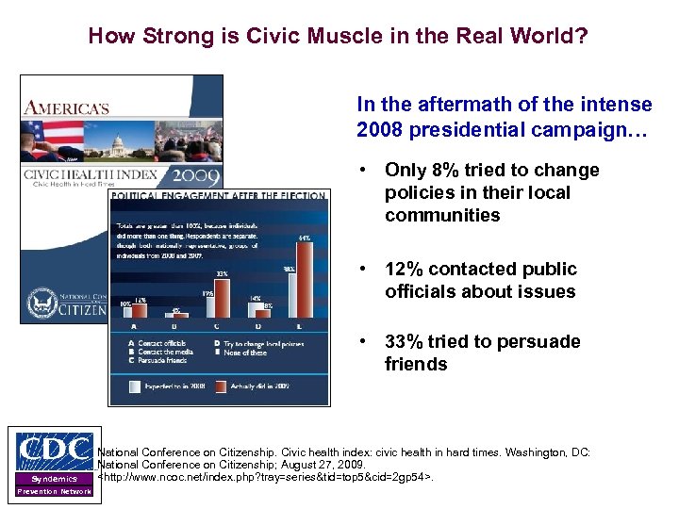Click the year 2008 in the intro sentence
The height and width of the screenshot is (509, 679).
pyautogui.click(x=376, y=129)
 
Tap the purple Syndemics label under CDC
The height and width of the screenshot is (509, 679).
pyautogui.click(x=55, y=479)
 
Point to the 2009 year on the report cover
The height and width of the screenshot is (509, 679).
pyautogui.click(x=196, y=176)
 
